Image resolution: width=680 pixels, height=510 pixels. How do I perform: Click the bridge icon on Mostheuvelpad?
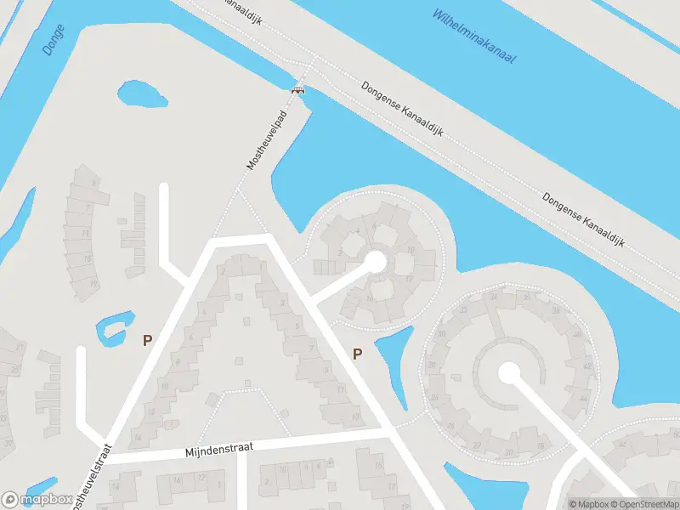point(297,90)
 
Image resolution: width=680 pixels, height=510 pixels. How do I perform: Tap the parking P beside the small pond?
point(147,340)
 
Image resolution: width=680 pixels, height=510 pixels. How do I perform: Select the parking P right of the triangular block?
point(357,354)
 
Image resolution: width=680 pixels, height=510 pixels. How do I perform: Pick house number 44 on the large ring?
point(583,396)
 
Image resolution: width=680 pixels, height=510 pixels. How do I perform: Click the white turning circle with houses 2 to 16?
point(374,261)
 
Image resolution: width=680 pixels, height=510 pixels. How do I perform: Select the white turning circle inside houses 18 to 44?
point(509,372)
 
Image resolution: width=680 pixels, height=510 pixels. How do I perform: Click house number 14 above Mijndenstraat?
point(137,437)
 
